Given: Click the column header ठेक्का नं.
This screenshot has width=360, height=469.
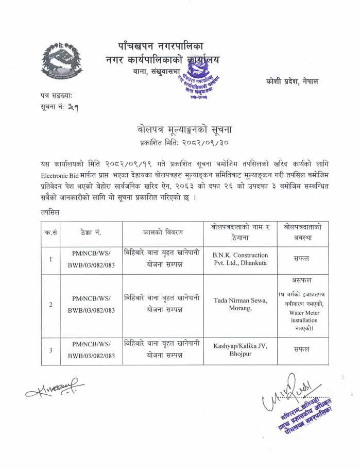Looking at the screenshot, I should click(91, 232).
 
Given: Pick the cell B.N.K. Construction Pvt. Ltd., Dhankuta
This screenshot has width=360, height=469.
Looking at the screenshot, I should click(241, 259).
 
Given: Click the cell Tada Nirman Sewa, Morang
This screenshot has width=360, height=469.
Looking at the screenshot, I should click(241, 304).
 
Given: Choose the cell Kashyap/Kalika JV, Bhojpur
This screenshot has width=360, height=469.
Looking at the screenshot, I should click(241, 350).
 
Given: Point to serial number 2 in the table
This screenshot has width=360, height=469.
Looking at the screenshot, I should click(50, 305).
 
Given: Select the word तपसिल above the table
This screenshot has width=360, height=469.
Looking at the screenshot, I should click(50, 212).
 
